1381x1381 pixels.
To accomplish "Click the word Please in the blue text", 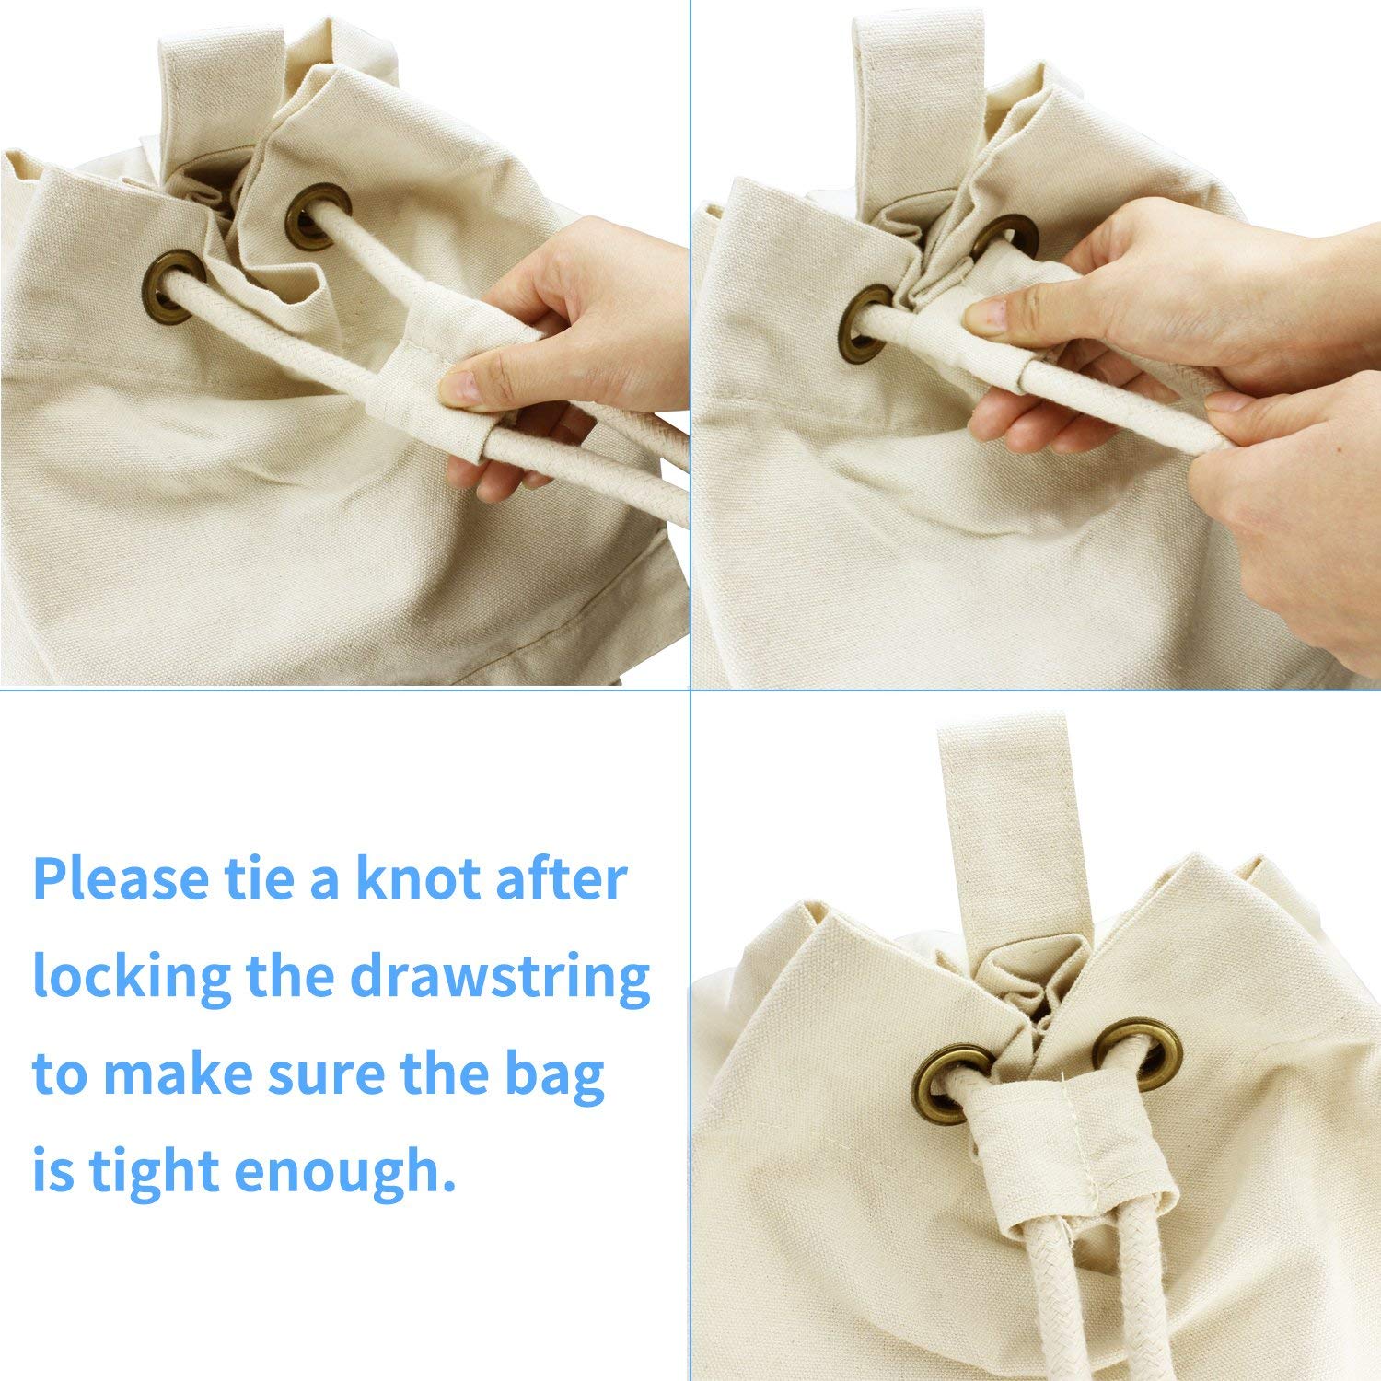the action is pyautogui.click(x=121, y=880).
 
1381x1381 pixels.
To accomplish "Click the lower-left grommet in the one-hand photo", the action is pyautogui.click(x=174, y=284).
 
